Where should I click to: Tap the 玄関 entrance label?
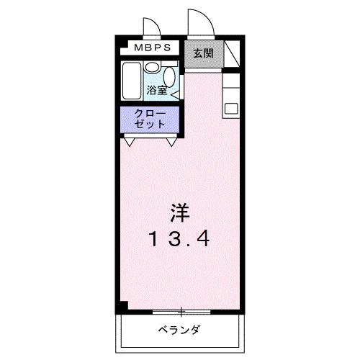202,53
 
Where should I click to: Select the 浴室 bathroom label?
157,91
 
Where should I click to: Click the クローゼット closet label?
152,118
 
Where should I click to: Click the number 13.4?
181,238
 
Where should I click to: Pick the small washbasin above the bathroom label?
152,68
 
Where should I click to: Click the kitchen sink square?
231,108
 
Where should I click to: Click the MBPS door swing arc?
153,29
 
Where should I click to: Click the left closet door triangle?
130,141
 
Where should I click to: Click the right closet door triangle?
172,141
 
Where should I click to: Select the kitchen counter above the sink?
231,87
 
